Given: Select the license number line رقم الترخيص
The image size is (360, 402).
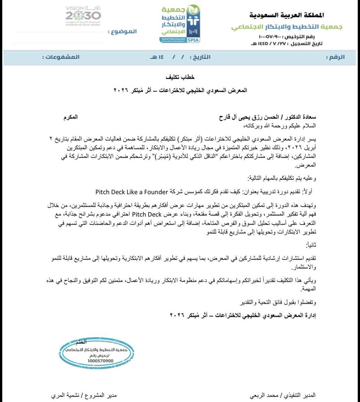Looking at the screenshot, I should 290,36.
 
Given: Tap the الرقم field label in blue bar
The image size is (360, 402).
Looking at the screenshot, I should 336,57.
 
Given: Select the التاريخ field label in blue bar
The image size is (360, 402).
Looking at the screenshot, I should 200,57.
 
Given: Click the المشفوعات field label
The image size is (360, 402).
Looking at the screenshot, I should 61,57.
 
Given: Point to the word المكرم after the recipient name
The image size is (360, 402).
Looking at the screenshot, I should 70,117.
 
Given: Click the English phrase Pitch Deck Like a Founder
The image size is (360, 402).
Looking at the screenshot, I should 131,192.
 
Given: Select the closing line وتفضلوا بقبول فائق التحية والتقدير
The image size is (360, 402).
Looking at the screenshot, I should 279,303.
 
